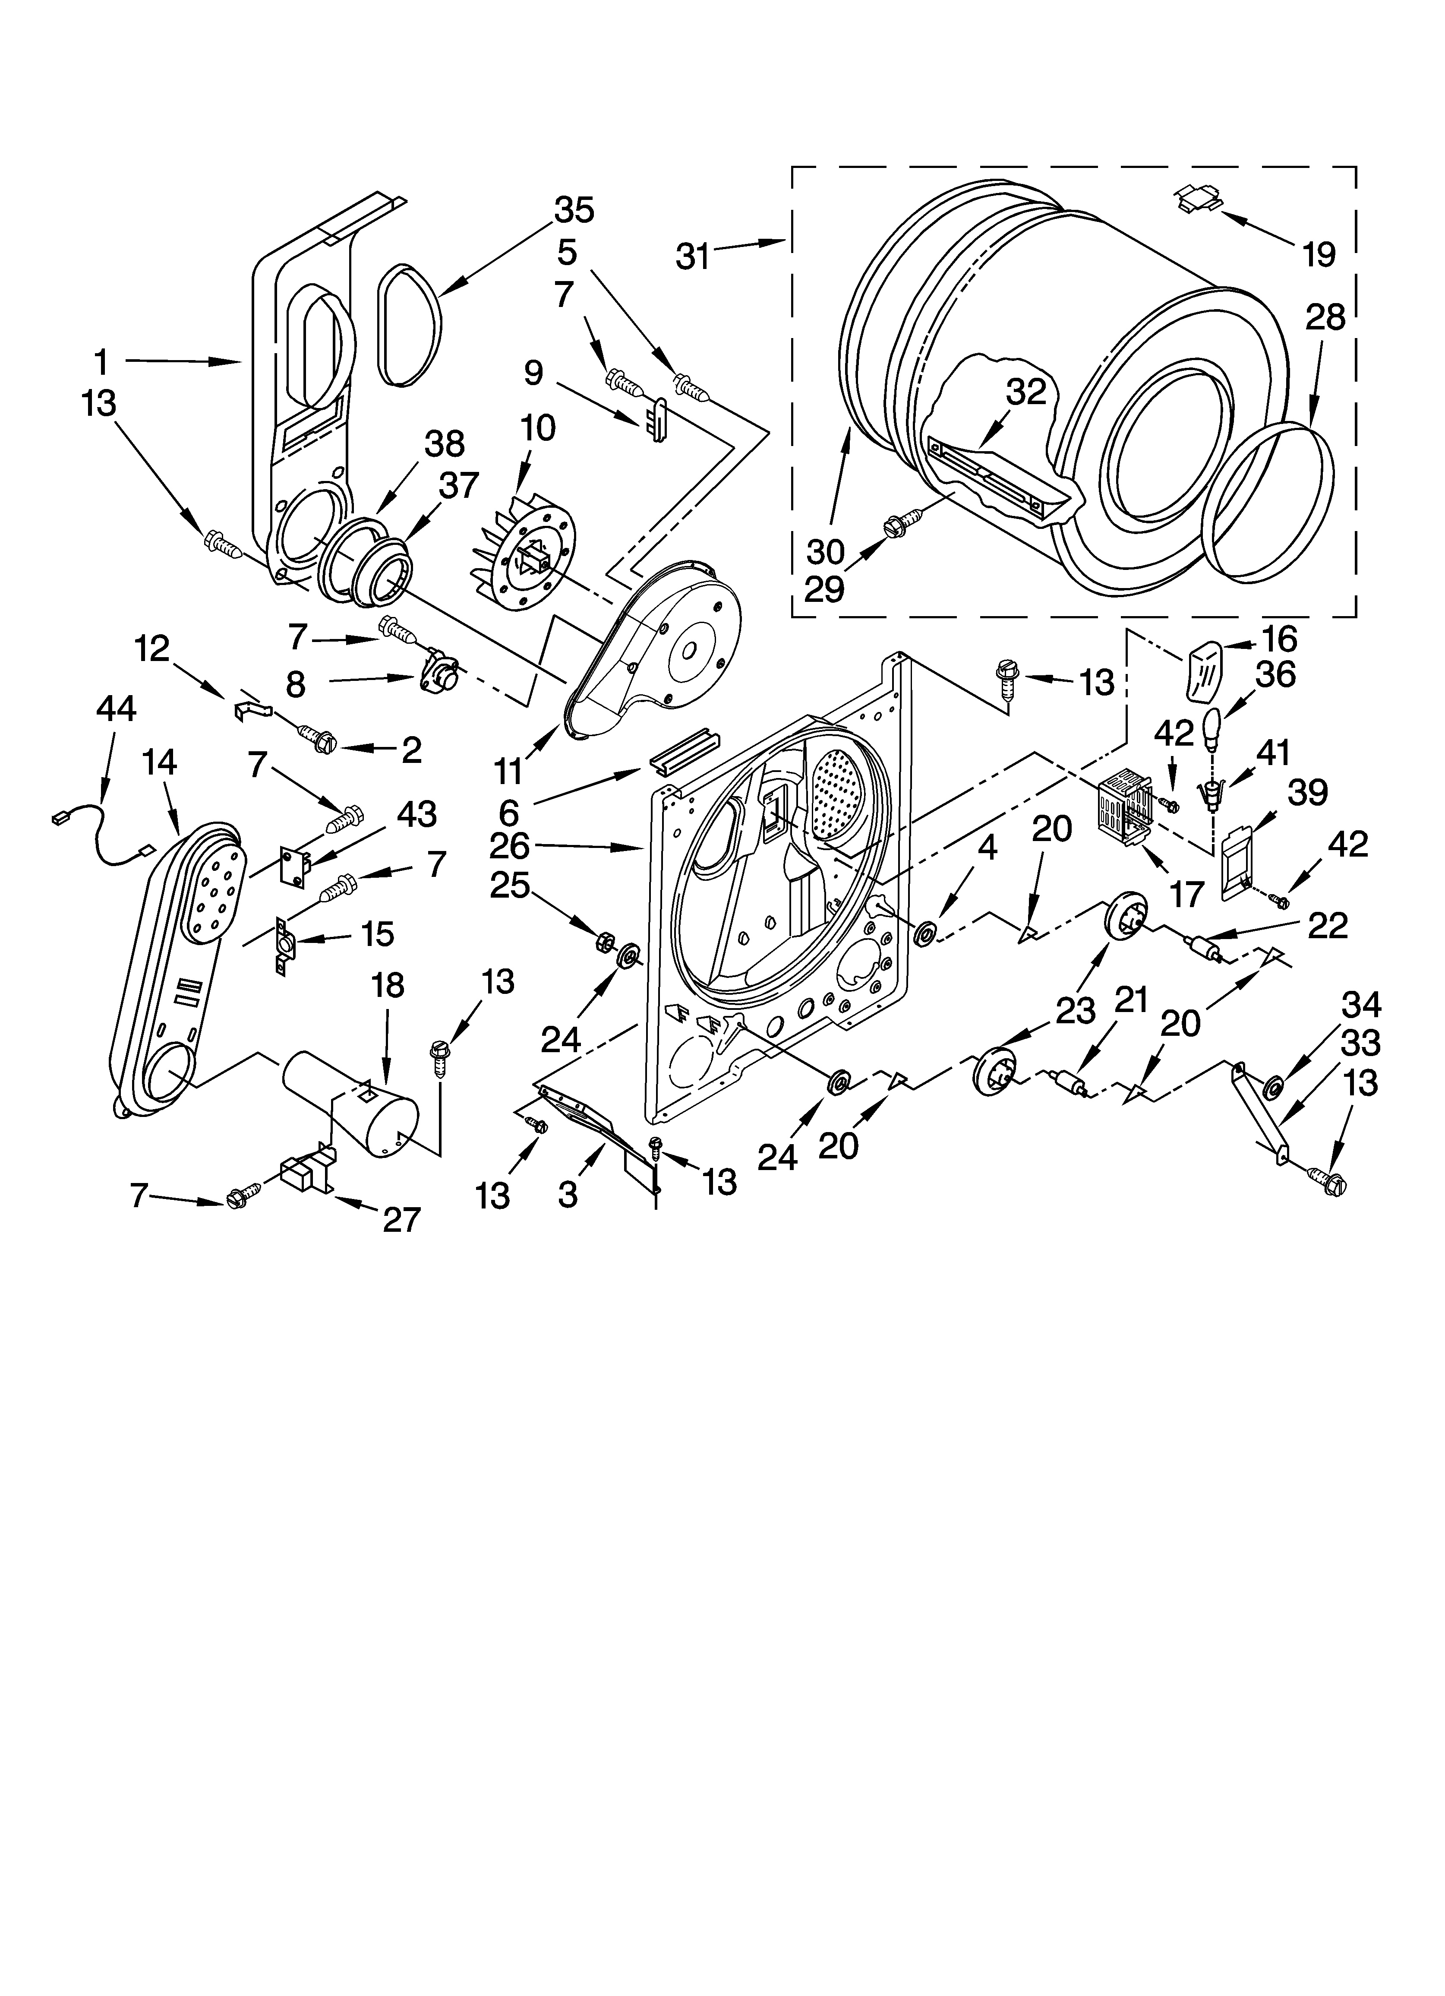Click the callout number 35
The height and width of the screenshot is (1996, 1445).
click(574, 210)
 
